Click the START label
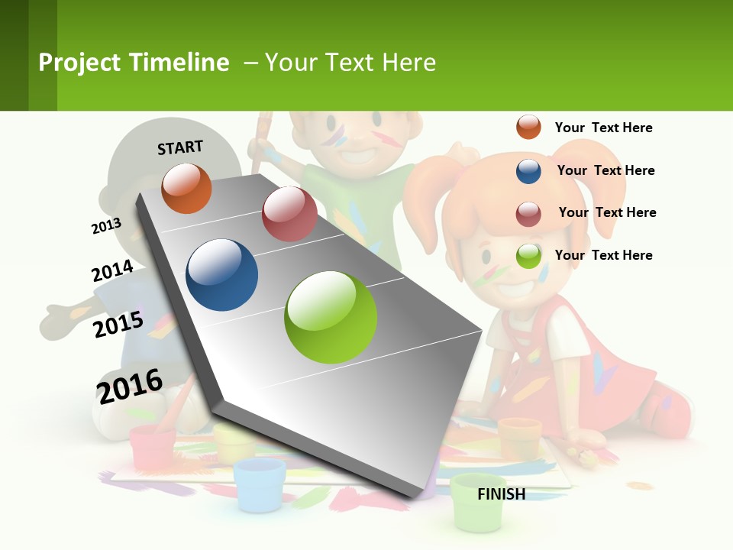[180, 147]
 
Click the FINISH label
[502, 494]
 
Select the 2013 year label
[106, 226]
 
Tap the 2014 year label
[112, 271]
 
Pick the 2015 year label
[118, 324]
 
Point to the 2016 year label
[130, 387]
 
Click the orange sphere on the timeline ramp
[186, 188]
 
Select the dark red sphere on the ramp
[289, 214]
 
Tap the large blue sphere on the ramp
[222, 275]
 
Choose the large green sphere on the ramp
[331, 317]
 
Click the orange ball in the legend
[528, 127]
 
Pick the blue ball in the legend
[528, 170]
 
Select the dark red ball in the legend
[528, 213]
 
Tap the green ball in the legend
[528, 256]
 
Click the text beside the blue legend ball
[605, 170]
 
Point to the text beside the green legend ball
[603, 255]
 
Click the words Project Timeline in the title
[134, 63]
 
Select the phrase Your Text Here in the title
[350, 63]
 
